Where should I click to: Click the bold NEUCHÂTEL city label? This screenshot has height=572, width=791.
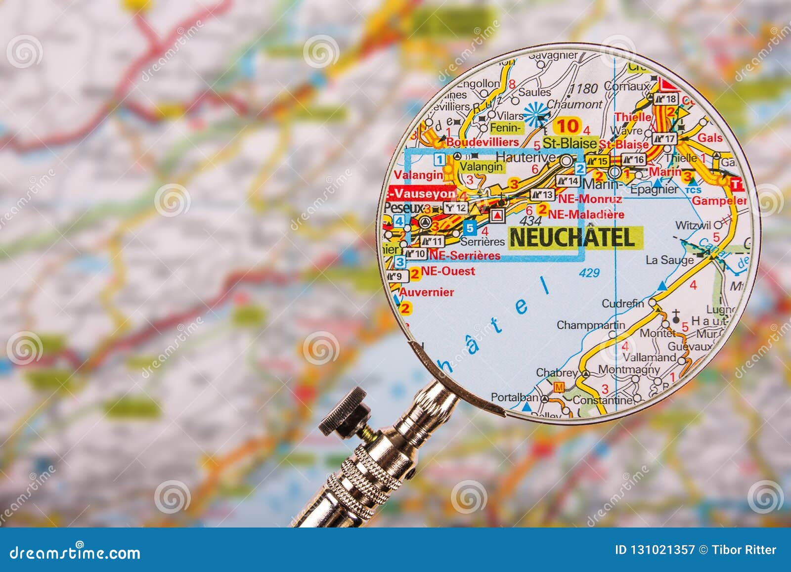coord(572,237)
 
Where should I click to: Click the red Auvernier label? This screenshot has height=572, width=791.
coord(426,292)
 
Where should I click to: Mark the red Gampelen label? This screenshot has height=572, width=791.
coord(719,201)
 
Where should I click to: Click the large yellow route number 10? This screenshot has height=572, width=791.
coord(568,126)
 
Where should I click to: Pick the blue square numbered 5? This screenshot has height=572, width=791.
coord(471,228)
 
